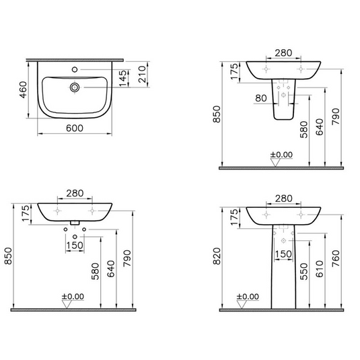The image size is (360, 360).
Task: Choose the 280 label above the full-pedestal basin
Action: (x=283, y=199)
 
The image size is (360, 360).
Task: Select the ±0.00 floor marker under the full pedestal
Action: (x=247, y=296)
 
